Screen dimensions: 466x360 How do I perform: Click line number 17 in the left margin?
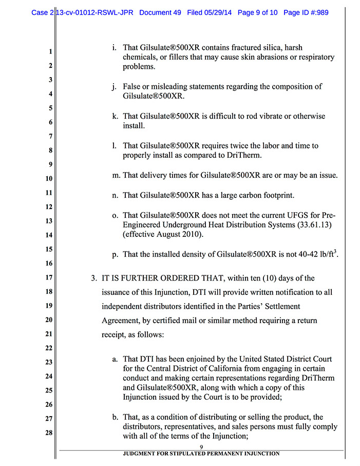point(48,278)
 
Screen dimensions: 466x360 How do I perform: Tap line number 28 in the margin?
point(48,433)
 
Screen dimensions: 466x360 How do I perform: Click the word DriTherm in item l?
point(244,155)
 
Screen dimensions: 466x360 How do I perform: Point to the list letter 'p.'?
point(116,254)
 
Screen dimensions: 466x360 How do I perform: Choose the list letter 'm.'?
point(116,175)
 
